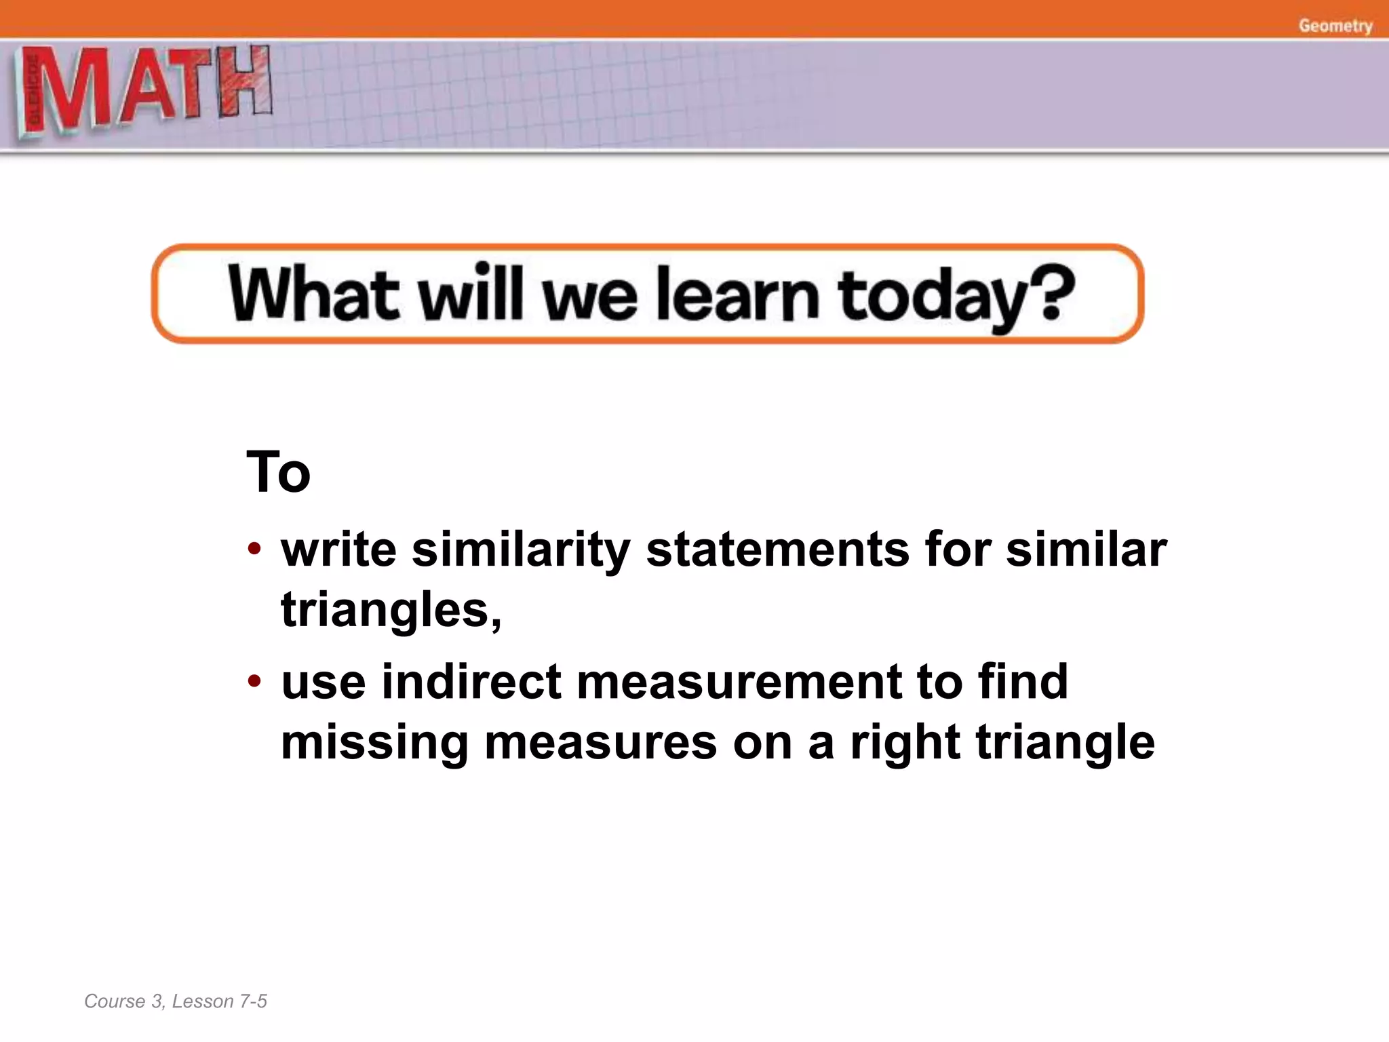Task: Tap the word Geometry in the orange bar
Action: pyautogui.click(x=1335, y=26)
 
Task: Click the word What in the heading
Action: pyautogui.click(x=313, y=294)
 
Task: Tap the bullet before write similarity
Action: pyautogui.click(x=254, y=548)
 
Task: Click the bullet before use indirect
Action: pyautogui.click(x=254, y=680)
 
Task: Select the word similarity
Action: pyautogui.click(x=521, y=549)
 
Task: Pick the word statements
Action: pyautogui.click(x=777, y=549)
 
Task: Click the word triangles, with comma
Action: pyautogui.click(x=391, y=610)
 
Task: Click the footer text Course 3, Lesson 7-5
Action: pyautogui.click(x=176, y=1001)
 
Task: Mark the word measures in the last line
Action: pyautogui.click(x=600, y=743)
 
